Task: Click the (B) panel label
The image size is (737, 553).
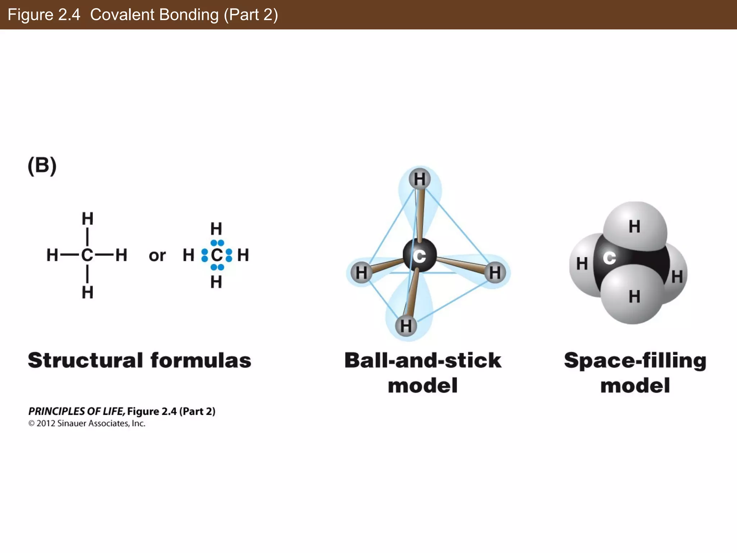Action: pyautogui.click(x=42, y=166)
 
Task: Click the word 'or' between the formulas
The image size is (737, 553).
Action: pyautogui.click(x=157, y=256)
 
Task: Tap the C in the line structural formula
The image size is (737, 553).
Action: pyautogui.click(x=87, y=255)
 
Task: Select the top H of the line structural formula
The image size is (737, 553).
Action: pyautogui.click(x=87, y=219)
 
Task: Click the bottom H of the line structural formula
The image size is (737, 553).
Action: pyautogui.click(x=87, y=292)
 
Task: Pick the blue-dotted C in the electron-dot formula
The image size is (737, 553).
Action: pyautogui.click(x=217, y=255)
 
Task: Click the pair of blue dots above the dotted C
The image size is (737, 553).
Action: pyautogui.click(x=217, y=243)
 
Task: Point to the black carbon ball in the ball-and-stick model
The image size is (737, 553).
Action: pyautogui.click(x=420, y=255)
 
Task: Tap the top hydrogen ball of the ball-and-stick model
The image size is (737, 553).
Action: pyautogui.click(x=420, y=179)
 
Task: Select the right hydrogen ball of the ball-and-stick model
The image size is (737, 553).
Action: pyautogui.click(x=495, y=273)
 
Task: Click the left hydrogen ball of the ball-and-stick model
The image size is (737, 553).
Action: pyautogui.click(x=361, y=273)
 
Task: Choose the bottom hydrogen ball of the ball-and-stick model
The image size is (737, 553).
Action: pyautogui.click(x=406, y=326)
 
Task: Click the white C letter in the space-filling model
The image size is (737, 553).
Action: pyautogui.click(x=609, y=258)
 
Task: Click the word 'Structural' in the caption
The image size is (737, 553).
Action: pyautogui.click(x=86, y=360)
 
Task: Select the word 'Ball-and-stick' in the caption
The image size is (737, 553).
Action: pyautogui.click(x=423, y=360)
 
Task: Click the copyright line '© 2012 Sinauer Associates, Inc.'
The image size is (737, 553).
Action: pyautogui.click(x=87, y=423)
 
